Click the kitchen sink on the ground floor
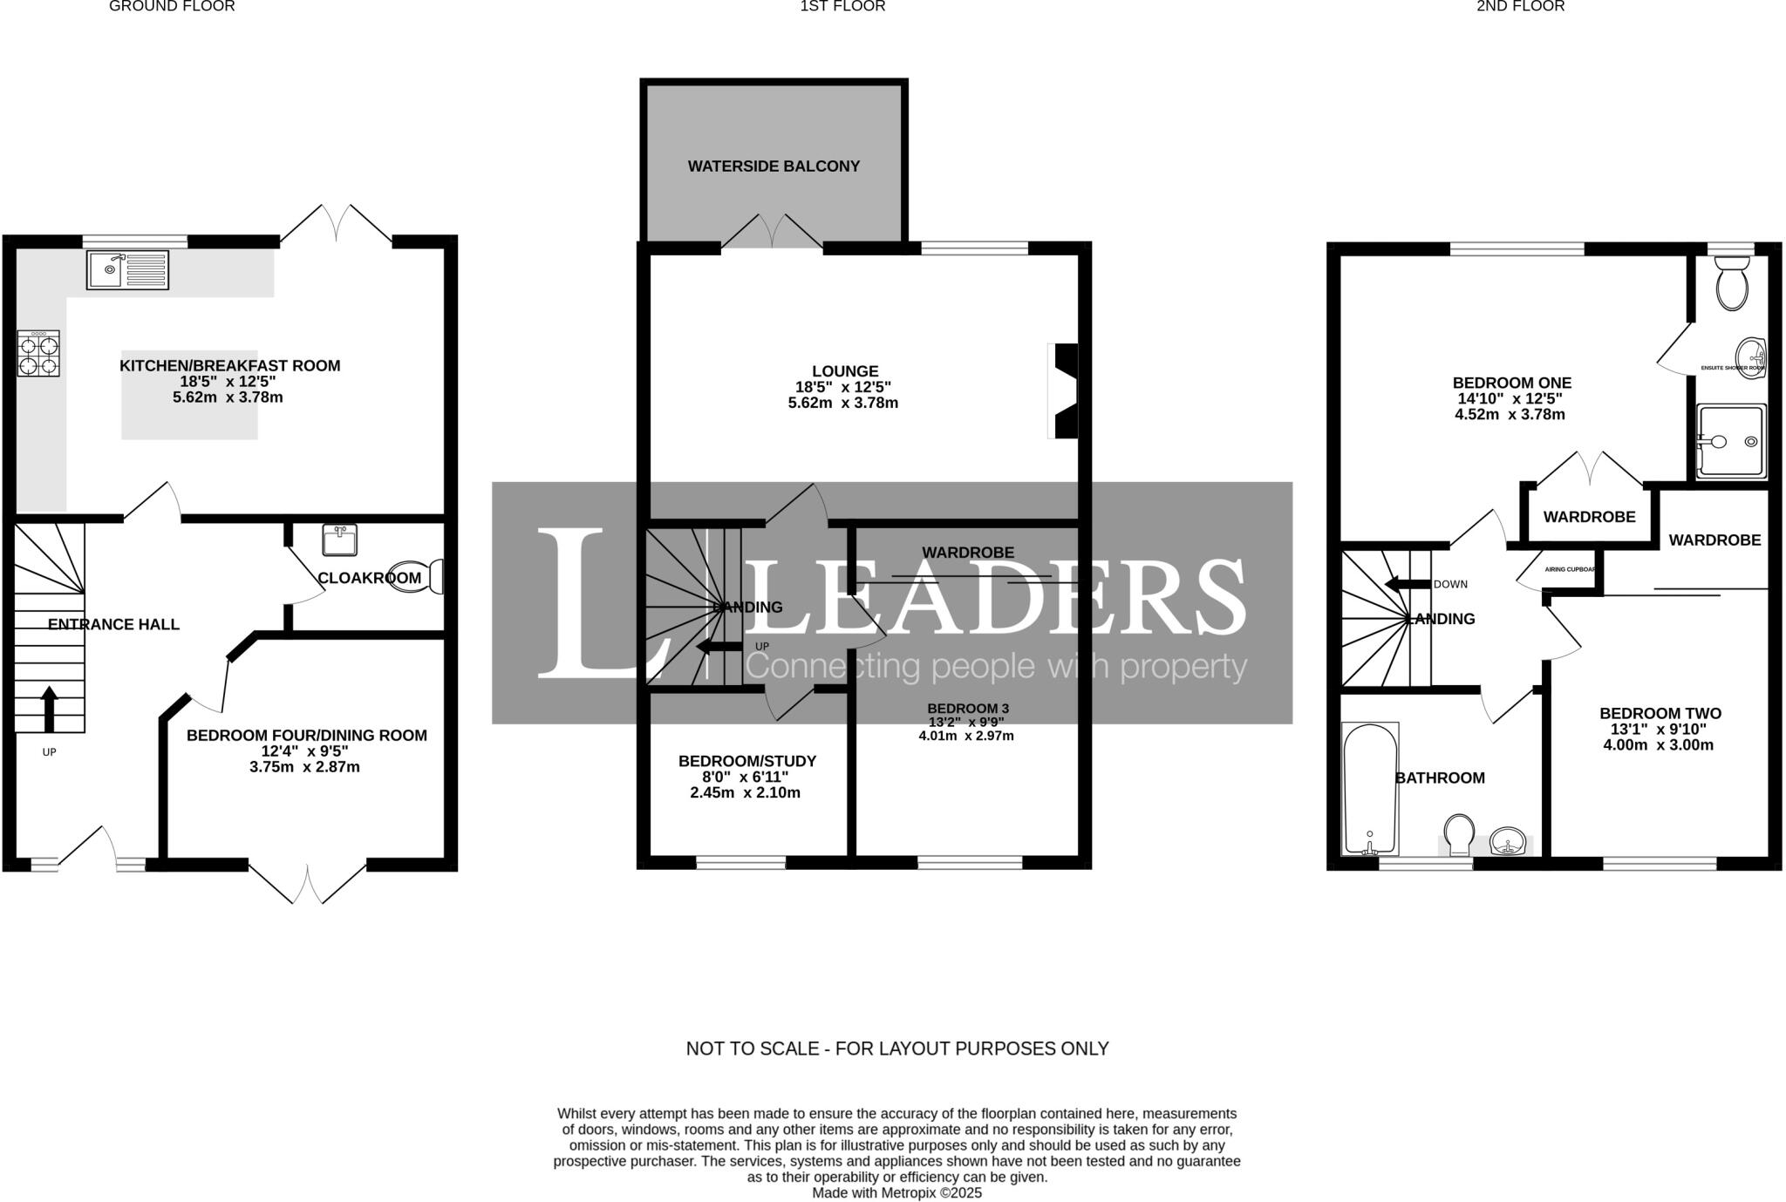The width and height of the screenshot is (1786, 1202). (127, 269)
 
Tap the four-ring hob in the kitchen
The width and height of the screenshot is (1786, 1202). (38, 353)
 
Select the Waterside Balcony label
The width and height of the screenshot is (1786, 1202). (774, 166)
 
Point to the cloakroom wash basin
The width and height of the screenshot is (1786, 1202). (340, 540)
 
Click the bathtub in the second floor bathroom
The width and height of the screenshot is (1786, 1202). (1370, 789)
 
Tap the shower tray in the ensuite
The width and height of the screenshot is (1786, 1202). (1731, 441)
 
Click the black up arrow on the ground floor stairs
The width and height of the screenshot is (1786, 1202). (50, 708)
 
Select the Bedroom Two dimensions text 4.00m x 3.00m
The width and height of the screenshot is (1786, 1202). (1658, 745)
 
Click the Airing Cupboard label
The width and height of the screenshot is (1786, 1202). (1570, 569)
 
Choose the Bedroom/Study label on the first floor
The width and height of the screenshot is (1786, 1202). (746, 761)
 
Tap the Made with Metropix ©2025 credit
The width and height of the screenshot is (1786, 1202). (896, 1192)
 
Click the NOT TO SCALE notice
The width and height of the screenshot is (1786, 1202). (896, 1049)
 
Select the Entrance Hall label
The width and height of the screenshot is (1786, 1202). (113, 624)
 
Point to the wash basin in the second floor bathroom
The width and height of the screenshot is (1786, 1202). (1509, 843)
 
